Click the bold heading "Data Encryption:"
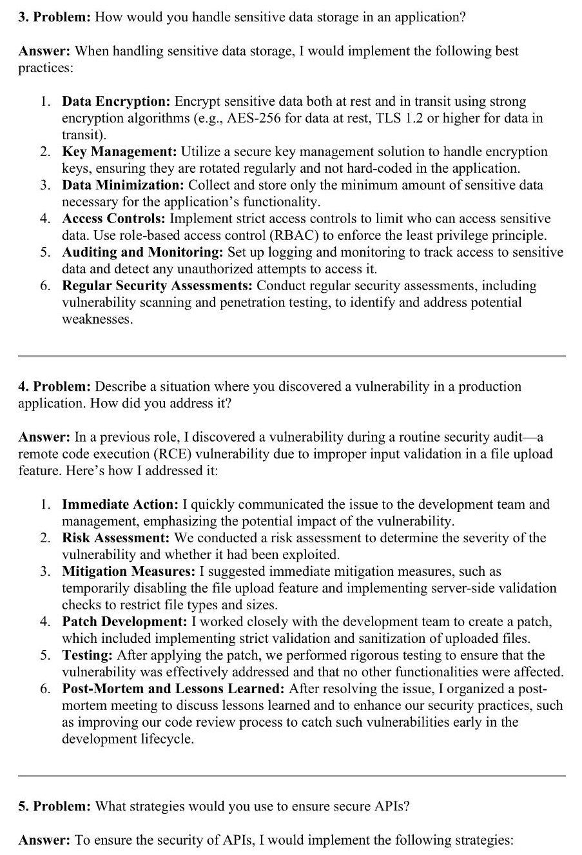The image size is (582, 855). [x=116, y=101]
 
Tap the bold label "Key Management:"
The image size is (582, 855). [x=119, y=152]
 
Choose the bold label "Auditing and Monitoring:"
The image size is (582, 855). [x=142, y=252]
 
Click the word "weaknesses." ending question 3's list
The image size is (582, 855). [x=97, y=319]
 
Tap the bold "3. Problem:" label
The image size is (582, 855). [x=54, y=17]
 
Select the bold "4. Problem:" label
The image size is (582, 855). [x=54, y=386]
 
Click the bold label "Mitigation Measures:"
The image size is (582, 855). [x=128, y=571]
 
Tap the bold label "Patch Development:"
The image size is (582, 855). [x=124, y=622]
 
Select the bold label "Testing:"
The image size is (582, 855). [x=87, y=655]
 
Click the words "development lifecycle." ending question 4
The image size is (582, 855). [x=128, y=739]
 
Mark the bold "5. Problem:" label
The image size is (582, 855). [x=54, y=806]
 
